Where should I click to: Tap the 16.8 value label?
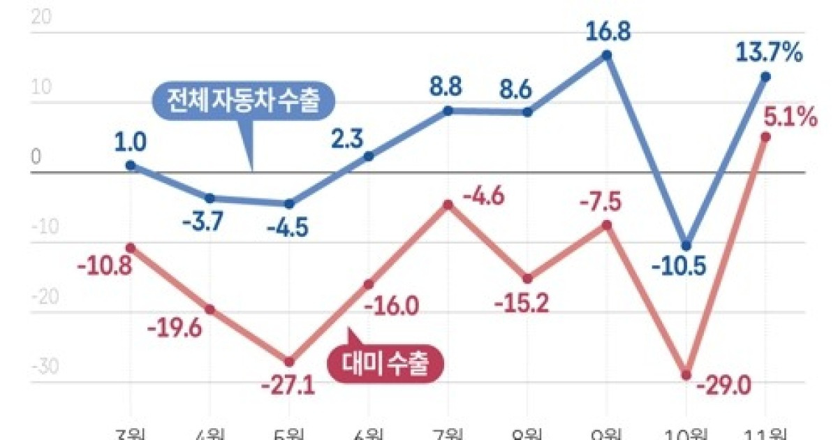(x=608, y=30)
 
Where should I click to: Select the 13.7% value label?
(x=766, y=52)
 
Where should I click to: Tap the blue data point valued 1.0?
(x=130, y=166)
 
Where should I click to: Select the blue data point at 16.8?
(x=608, y=55)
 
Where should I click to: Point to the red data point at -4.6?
(x=448, y=205)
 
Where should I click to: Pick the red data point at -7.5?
(x=608, y=225)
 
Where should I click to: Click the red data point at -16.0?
(x=369, y=284)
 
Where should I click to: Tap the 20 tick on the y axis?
(x=41, y=19)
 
